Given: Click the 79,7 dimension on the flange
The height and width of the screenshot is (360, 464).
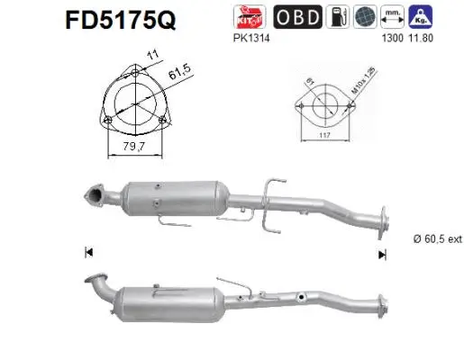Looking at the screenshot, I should tap(133, 147).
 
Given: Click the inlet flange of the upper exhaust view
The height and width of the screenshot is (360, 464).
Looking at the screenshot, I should tap(93, 193).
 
